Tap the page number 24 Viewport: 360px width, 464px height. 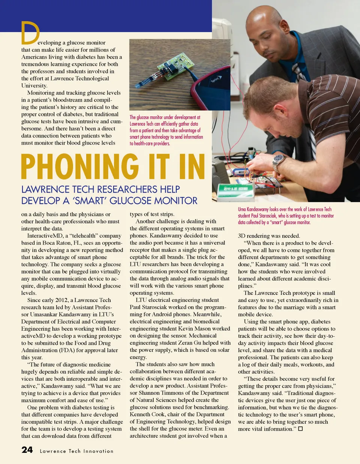(x=27, y=450)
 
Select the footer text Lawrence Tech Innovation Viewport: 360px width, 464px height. (x=76, y=451)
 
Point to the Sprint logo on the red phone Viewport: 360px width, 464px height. (x=215, y=80)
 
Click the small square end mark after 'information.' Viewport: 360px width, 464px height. (x=300, y=429)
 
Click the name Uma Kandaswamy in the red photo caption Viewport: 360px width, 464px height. (x=252, y=210)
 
